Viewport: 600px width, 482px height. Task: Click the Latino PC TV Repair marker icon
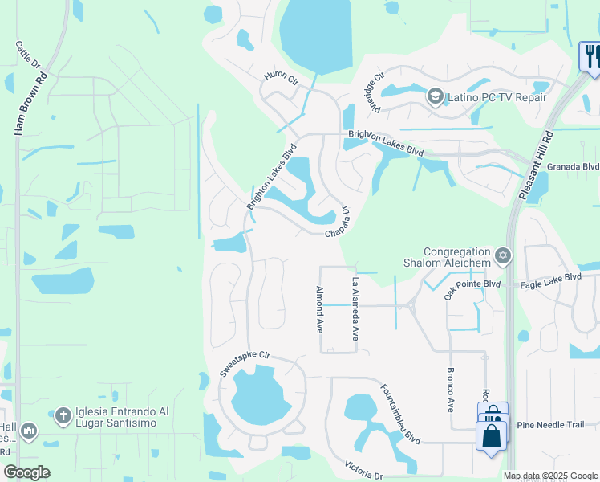coord(435,97)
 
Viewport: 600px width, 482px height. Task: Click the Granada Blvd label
coord(579,166)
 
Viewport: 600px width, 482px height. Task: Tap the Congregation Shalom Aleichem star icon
coord(503,256)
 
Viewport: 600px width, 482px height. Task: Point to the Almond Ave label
coord(319,310)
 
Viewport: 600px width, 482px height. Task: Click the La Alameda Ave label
coord(355,309)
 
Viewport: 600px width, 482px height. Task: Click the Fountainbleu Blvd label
coord(400,413)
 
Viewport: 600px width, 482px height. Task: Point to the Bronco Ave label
coord(450,390)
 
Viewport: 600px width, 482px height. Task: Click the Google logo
coord(27,472)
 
